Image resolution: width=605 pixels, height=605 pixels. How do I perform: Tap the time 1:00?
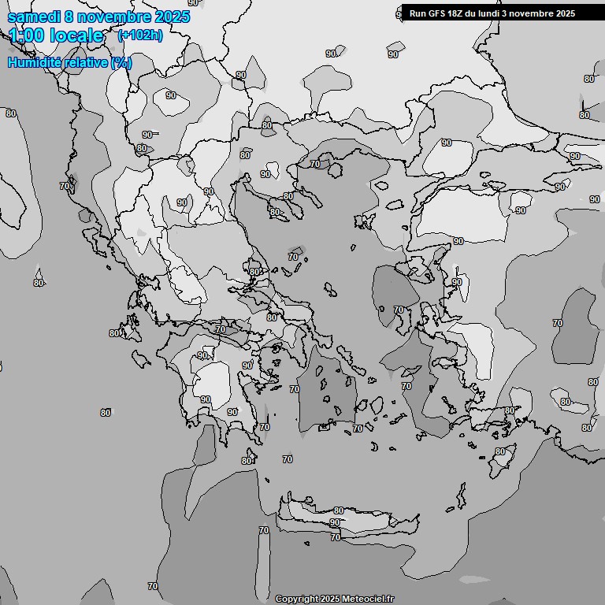[26, 35]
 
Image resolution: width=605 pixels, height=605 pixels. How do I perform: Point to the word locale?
[76, 35]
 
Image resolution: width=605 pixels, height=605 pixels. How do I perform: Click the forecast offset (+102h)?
[139, 35]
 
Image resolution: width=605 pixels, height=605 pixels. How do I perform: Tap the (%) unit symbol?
[121, 62]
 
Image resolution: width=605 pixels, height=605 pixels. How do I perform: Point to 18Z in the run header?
[458, 13]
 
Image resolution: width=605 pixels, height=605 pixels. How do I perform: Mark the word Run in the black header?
[418, 13]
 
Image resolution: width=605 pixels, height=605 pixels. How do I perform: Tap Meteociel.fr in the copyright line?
[368, 599]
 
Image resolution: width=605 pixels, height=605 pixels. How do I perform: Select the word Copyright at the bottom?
[296, 599]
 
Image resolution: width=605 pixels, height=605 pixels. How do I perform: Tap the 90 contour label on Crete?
[335, 522]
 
